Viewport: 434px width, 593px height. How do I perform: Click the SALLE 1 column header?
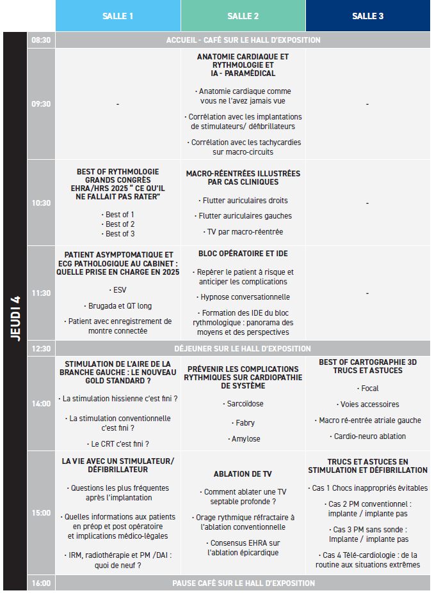click(118, 16)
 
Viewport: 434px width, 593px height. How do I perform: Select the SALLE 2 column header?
click(243, 16)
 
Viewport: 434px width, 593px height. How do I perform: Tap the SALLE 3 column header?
click(368, 16)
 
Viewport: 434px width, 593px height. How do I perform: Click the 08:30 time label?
click(41, 40)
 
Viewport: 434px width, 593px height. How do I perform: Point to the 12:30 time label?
click(41, 348)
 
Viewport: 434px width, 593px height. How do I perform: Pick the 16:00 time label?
click(41, 583)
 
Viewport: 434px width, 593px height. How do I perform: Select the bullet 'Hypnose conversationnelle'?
click(243, 297)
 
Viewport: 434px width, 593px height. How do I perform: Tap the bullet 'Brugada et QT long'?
click(118, 306)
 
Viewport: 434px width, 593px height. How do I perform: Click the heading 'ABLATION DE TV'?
click(243, 474)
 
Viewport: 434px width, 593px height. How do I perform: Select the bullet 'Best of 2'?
click(118, 224)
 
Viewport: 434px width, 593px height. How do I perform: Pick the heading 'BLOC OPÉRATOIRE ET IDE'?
click(243, 254)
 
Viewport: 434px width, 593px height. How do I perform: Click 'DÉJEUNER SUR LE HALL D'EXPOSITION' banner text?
click(243, 348)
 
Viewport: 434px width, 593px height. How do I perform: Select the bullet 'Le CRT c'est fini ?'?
click(118, 443)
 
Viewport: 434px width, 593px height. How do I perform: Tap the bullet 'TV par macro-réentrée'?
click(243, 232)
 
